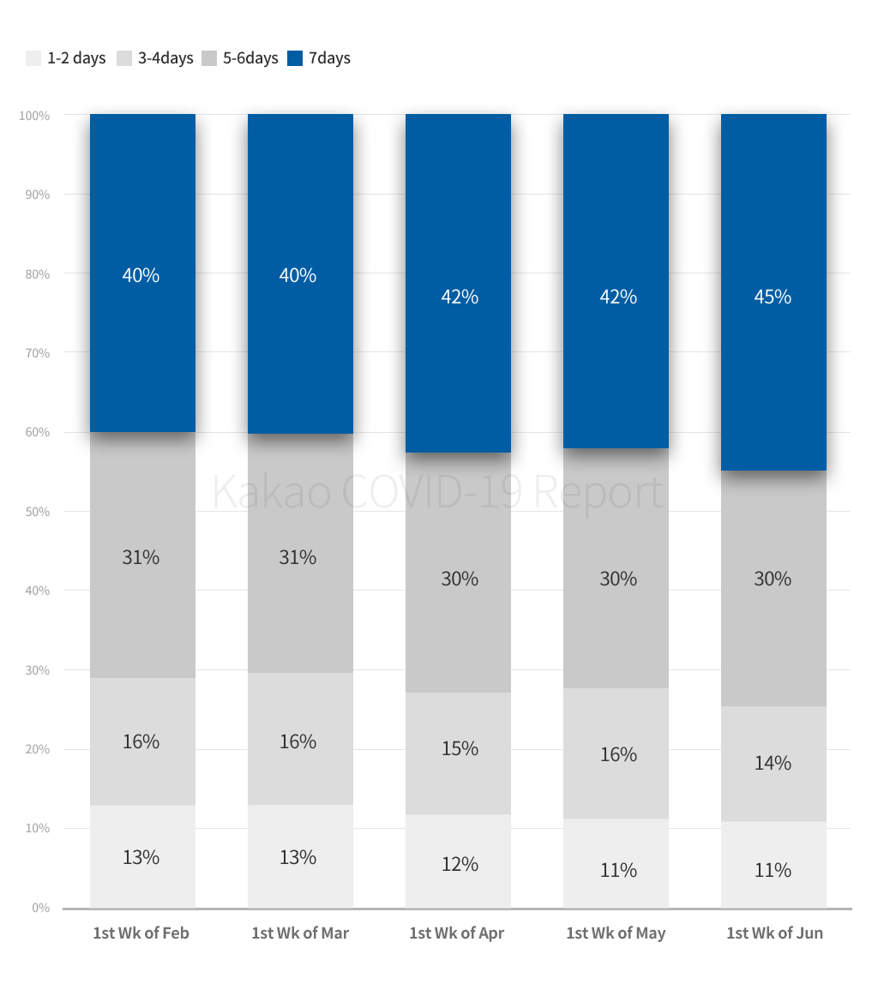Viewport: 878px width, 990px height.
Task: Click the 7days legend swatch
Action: (295, 58)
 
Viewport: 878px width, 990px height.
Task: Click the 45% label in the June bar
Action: (773, 297)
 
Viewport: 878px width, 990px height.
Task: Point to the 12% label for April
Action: (460, 864)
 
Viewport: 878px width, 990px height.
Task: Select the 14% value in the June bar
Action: (773, 763)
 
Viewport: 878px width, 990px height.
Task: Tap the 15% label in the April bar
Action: (460, 748)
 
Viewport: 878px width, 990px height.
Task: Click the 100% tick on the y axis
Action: (34, 115)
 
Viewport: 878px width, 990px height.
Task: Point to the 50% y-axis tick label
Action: (37, 512)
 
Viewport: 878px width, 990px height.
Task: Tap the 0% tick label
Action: (40, 908)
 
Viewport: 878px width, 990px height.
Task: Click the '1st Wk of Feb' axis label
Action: (141, 933)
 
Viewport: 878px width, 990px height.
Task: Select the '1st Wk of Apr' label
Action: (457, 933)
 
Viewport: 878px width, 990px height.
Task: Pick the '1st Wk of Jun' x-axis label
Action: (774, 933)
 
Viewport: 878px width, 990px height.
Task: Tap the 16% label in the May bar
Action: (618, 754)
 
